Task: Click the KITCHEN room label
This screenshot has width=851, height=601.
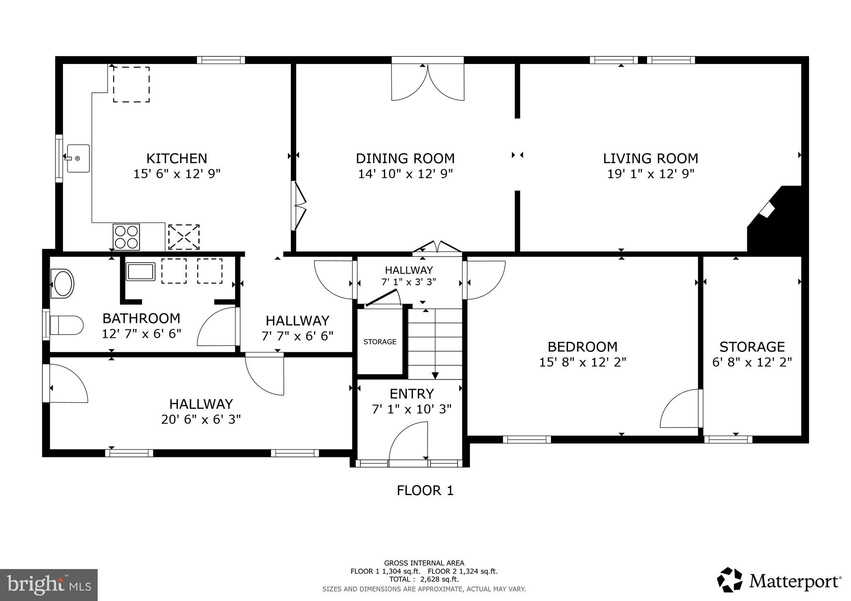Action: coord(177,159)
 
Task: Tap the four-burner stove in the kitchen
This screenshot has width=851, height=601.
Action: coord(126,237)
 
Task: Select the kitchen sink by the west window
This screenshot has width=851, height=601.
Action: coord(78,158)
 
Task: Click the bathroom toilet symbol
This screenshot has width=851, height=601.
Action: coord(66,325)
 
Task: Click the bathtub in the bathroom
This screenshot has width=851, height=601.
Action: coord(140,272)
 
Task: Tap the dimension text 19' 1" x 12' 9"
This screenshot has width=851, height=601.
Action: coord(651,174)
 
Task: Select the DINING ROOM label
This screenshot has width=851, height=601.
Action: coord(405,159)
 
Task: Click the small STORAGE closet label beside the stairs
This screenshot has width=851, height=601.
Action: coord(380,342)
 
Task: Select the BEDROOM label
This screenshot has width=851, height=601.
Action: coord(582,347)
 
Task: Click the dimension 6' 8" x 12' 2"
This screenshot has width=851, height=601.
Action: coord(752,362)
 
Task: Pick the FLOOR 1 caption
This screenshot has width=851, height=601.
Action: coord(425,491)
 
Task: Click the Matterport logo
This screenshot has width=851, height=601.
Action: coord(779,581)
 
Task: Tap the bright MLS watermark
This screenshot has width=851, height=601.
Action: coord(49,585)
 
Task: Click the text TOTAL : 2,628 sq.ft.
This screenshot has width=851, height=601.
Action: coord(424,579)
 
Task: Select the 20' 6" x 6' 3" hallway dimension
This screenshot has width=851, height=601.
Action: coord(201,420)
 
